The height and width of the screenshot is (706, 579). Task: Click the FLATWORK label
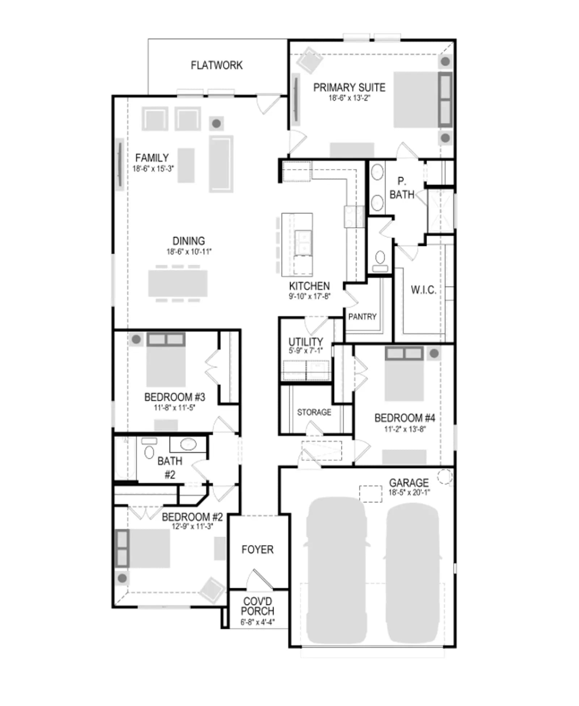(x=216, y=65)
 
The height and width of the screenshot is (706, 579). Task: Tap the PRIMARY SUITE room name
(x=349, y=88)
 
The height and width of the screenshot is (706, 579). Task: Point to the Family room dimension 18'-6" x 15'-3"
(x=153, y=169)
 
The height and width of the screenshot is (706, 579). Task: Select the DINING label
(x=189, y=241)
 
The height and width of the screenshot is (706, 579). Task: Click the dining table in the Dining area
(x=178, y=283)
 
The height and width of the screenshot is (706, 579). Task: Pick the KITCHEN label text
(x=309, y=286)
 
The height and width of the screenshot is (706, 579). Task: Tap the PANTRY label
(x=362, y=317)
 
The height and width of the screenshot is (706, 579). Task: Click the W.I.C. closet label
(x=423, y=290)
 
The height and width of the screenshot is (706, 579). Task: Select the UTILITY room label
(x=305, y=341)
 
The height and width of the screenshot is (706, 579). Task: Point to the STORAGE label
(x=314, y=412)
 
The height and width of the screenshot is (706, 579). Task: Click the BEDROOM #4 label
(x=405, y=418)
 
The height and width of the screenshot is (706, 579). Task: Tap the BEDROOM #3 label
(x=174, y=397)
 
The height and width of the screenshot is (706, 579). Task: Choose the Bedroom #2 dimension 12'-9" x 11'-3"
(x=192, y=527)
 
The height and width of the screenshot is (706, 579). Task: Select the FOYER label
(x=257, y=550)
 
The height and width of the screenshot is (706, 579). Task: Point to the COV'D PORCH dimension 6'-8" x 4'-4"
(x=257, y=622)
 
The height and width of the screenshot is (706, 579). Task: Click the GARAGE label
(x=409, y=483)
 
